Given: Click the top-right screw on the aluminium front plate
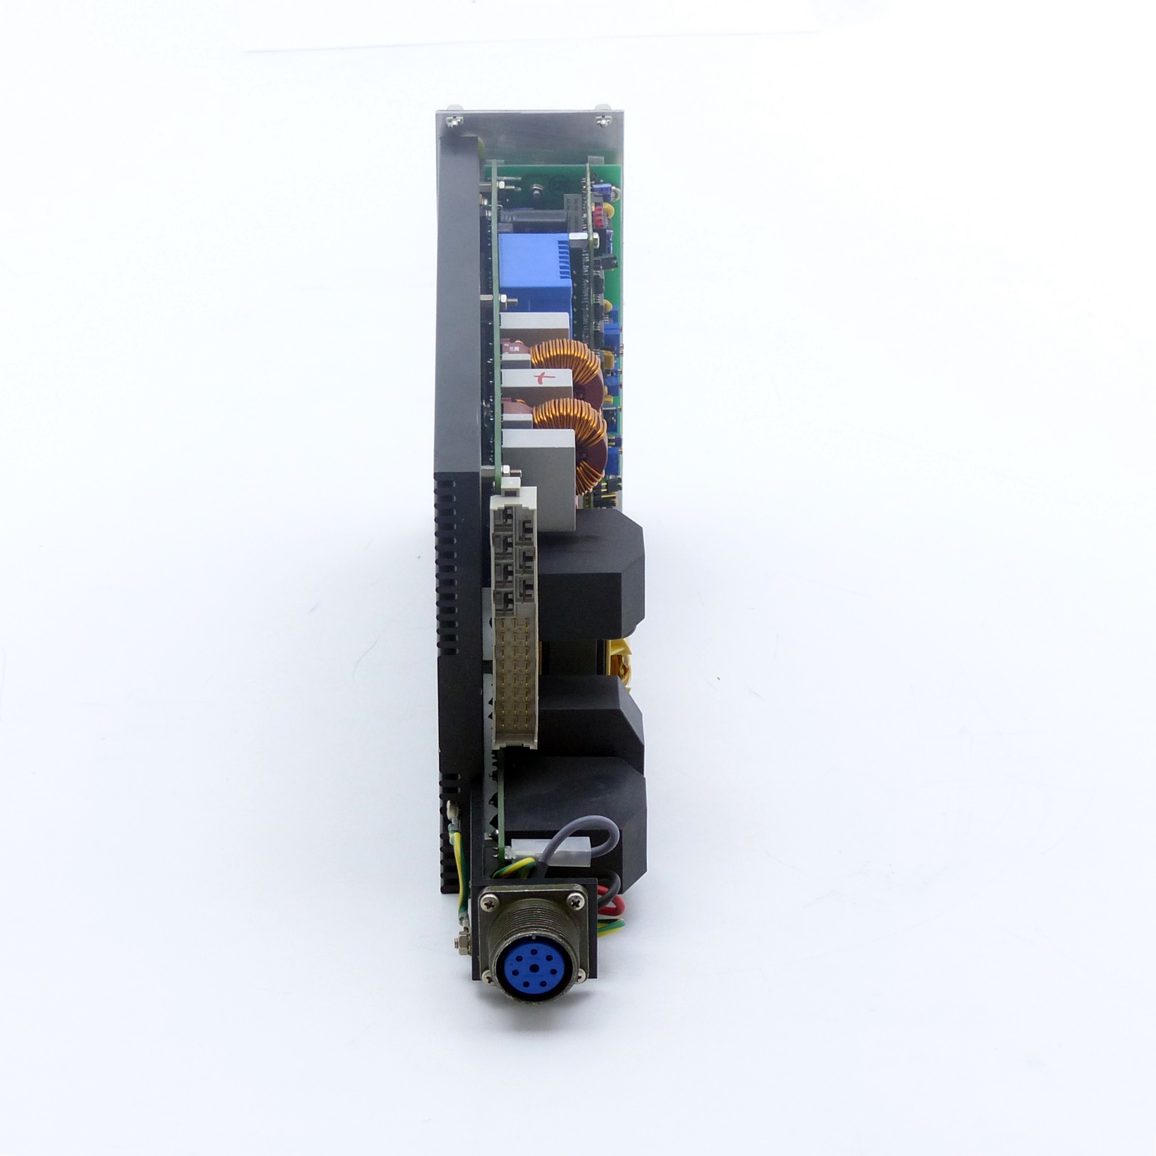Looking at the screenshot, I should pyautogui.click(x=603, y=122).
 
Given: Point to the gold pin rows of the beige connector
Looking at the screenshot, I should pyautogui.click(x=516, y=676).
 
